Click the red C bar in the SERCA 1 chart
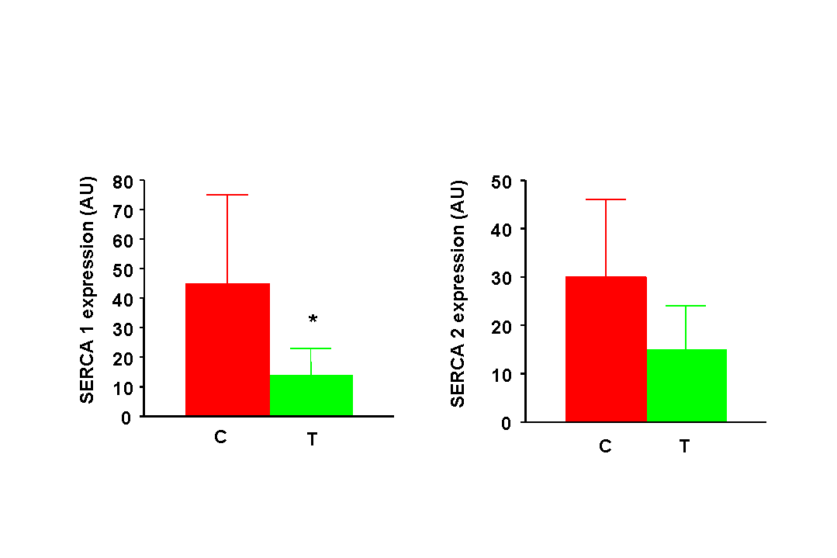point(227,349)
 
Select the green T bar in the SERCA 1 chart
point(311,395)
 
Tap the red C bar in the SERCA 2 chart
point(606,349)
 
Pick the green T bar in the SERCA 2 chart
point(687,385)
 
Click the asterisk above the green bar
point(313,320)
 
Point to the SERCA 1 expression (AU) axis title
point(87,290)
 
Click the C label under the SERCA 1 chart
point(220,437)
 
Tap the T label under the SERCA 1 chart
point(312,439)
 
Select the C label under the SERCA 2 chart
point(605,446)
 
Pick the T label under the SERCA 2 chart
point(684,446)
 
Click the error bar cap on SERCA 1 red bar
point(227,195)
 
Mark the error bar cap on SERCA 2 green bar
point(687,306)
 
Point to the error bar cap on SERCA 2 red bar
point(606,199)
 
